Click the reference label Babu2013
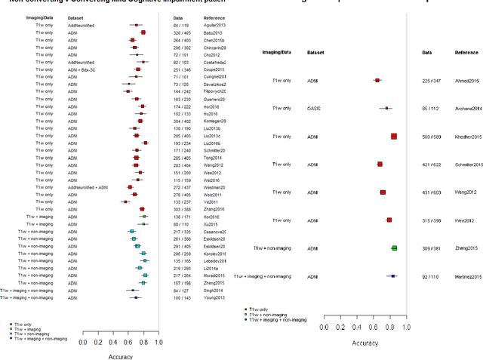[x=215, y=32]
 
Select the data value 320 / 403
[x=182, y=32]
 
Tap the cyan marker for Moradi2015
[x=145, y=275]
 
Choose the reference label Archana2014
[x=468, y=108]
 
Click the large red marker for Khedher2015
[x=394, y=137]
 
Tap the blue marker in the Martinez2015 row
[x=393, y=276]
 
